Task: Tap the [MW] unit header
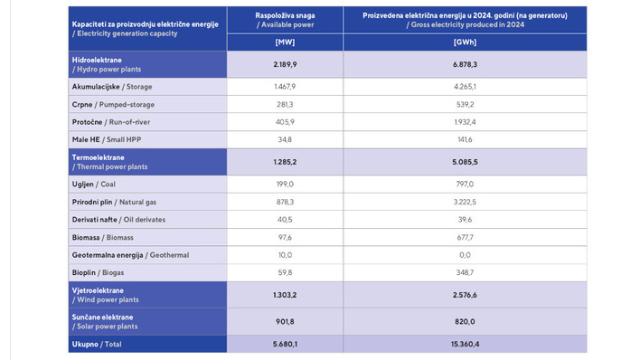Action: [285, 43]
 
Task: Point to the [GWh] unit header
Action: [466, 43]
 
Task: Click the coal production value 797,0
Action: [466, 183]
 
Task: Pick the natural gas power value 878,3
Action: [285, 201]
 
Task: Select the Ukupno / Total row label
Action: [99, 344]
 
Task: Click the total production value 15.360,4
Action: [466, 344]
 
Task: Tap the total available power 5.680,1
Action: [285, 344]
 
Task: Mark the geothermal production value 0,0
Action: [466, 255]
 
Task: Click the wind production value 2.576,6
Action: [466, 295]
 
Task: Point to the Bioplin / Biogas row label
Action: [100, 272]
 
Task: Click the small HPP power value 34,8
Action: [285, 139]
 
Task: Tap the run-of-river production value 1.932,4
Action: [466, 121]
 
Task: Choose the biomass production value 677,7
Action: [466, 237]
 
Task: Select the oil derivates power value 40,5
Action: [285, 219]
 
